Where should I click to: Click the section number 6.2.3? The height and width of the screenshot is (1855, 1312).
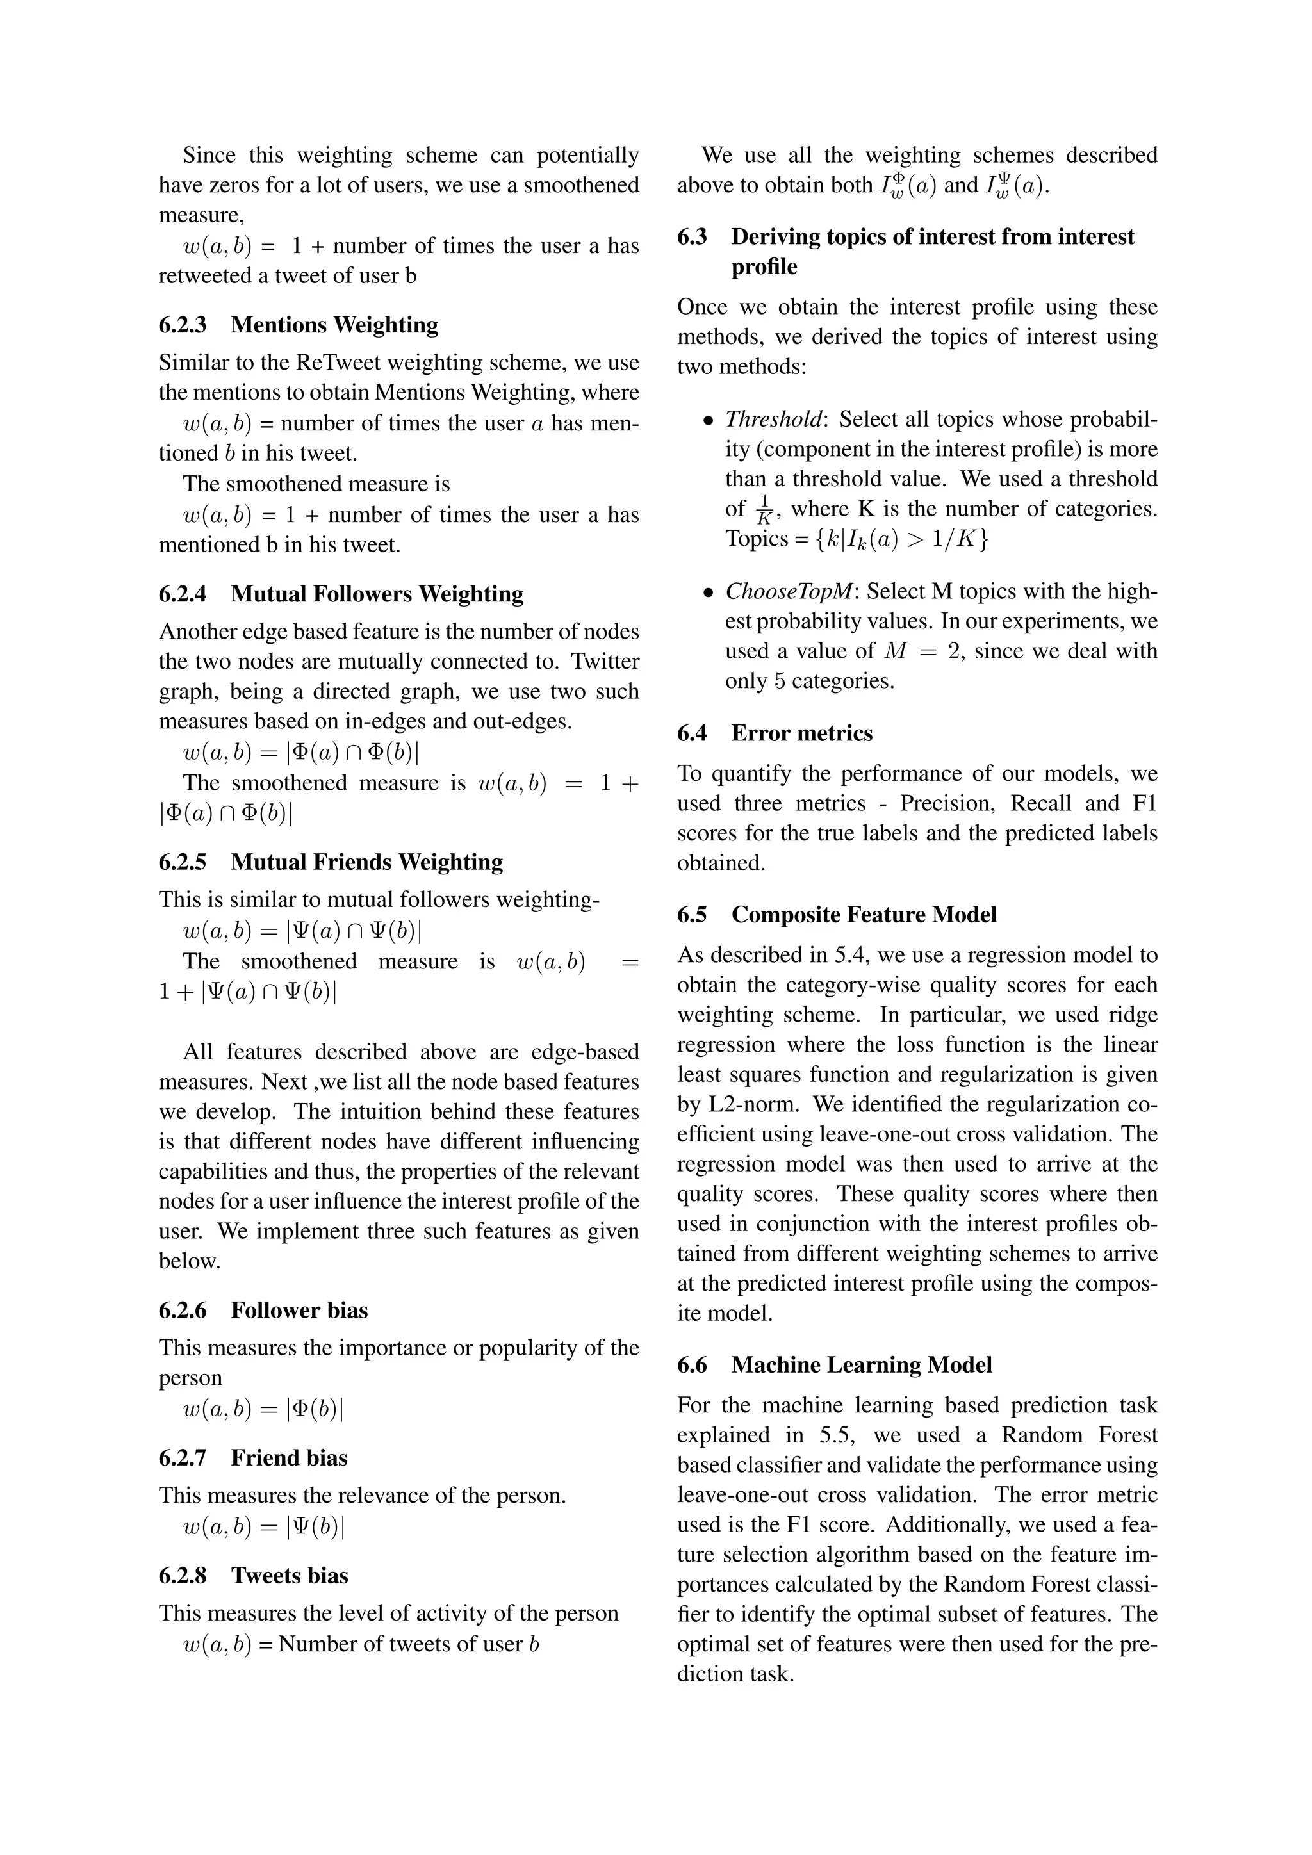coord(183,325)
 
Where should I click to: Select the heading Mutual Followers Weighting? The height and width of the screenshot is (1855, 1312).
coord(377,594)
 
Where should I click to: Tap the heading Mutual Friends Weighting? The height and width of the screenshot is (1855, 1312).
coord(367,862)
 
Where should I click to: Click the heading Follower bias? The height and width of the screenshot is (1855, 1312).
coord(299,1311)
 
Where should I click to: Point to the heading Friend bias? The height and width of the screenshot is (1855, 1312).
coord(289,1457)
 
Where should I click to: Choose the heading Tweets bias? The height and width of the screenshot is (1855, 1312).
coord(289,1576)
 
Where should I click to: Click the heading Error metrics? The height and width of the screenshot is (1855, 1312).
coord(801,733)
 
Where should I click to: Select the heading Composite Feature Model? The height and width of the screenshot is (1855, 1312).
coord(864,915)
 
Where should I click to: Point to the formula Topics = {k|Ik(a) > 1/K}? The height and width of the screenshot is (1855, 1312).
coord(857,539)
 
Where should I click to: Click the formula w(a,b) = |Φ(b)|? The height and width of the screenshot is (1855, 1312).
coord(263,1409)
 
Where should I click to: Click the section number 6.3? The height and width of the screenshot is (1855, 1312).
coord(693,237)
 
